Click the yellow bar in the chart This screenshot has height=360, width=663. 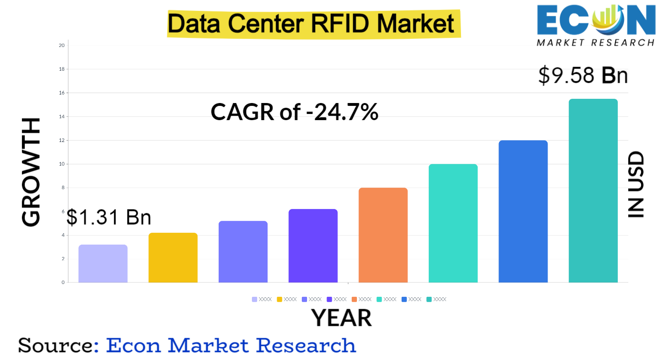pyautogui.click(x=173, y=257)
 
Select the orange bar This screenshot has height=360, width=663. pyautogui.click(x=383, y=235)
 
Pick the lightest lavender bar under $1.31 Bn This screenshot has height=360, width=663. pyautogui.click(x=103, y=264)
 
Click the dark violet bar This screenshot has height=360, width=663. pyautogui.click(x=313, y=246)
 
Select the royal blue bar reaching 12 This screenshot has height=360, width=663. pyautogui.click(x=523, y=211)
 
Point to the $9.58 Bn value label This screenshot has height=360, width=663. pyautogui.click(x=583, y=76)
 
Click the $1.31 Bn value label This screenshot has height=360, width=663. pyautogui.click(x=109, y=217)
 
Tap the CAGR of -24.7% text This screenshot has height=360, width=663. pyautogui.click(x=294, y=112)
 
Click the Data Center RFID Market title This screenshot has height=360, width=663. pyautogui.click(x=313, y=23)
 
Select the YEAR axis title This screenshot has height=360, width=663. pyautogui.click(x=341, y=318)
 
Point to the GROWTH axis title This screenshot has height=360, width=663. pyautogui.click(x=31, y=172)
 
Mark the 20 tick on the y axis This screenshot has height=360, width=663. pyautogui.click(x=62, y=46)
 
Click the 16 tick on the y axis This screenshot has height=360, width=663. pyautogui.click(x=62, y=93)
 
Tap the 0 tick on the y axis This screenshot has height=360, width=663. pyautogui.click(x=63, y=283)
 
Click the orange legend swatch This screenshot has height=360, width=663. pyautogui.click(x=354, y=299)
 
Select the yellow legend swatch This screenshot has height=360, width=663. pyautogui.click(x=279, y=299)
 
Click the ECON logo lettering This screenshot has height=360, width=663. pyautogui.click(x=596, y=20)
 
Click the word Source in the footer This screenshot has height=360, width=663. pyautogui.click(x=55, y=345)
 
